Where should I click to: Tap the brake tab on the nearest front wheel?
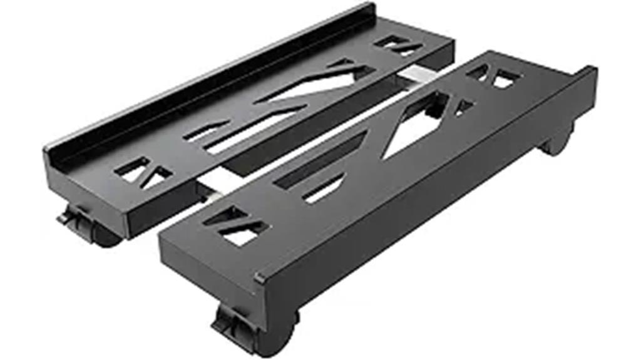(227, 323)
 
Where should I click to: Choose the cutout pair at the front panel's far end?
(495, 76)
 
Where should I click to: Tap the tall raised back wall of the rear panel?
(207, 75)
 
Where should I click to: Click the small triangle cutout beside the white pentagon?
(463, 106)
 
